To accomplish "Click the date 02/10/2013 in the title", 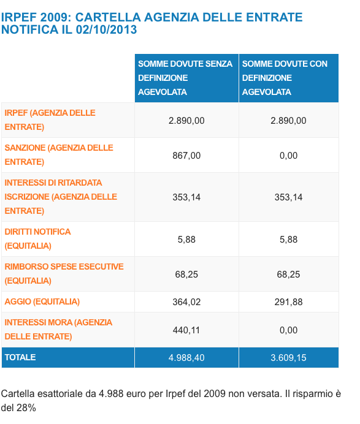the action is [106, 29].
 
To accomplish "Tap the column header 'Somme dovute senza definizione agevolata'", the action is [185, 78].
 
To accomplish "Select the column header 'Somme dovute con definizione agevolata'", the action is [285, 78].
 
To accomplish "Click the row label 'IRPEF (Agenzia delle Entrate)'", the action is [50, 120].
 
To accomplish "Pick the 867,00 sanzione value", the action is [186, 156].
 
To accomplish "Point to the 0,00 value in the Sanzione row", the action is [288, 156].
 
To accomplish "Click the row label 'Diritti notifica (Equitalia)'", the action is [37, 239].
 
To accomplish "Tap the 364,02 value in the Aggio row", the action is [186, 302].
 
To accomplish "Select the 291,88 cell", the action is [288, 302].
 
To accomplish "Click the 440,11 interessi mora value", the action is [186, 330].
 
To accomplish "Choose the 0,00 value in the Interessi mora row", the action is [288, 330].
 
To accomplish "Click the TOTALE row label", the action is [20, 357].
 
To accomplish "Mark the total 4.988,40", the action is [186, 358].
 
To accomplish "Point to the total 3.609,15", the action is [288, 358].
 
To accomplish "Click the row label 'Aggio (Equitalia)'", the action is [42, 301].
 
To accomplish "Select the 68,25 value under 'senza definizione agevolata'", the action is [186, 274].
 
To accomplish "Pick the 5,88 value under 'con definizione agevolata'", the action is [288, 240].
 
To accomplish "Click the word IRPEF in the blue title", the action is [18, 17].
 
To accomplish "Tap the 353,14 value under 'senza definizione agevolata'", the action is [186, 197].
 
